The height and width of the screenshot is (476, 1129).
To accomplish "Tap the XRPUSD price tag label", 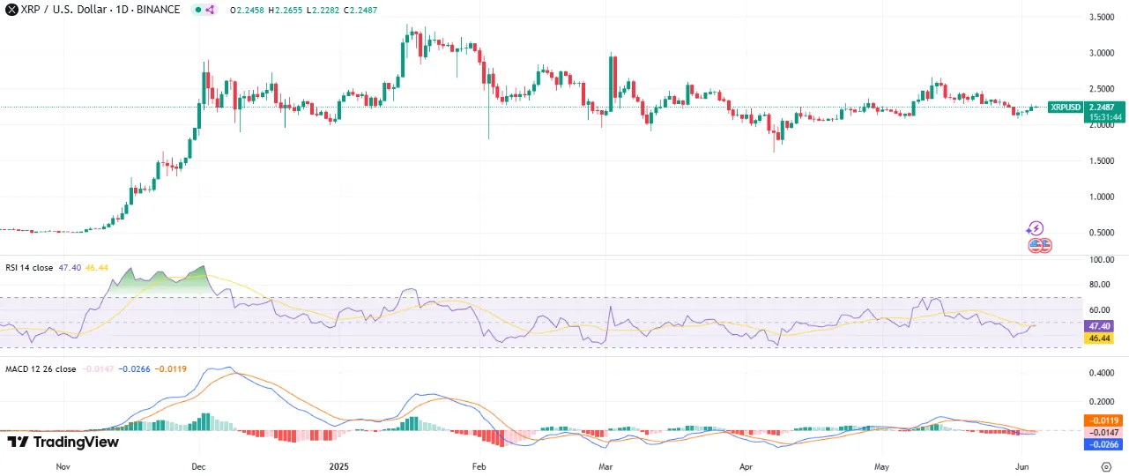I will [x=1065, y=107].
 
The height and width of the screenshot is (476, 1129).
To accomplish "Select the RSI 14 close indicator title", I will [x=30, y=266].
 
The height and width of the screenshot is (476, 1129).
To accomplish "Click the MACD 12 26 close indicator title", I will [x=41, y=368].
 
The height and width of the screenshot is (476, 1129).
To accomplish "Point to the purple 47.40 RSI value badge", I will [x=1102, y=325].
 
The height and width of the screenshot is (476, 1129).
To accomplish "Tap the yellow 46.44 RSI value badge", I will [x=1102, y=338].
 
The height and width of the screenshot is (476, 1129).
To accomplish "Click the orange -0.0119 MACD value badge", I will [x=1102, y=420].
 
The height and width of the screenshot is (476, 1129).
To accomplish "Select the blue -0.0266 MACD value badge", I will [x=1102, y=444].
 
